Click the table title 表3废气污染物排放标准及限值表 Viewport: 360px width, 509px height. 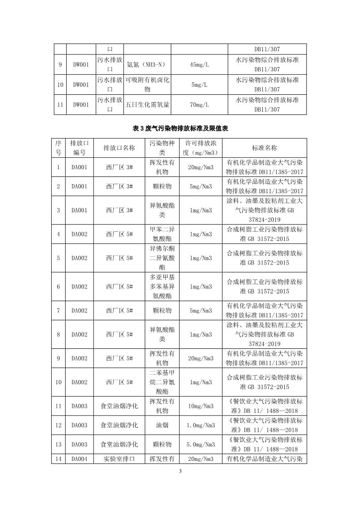[180, 129]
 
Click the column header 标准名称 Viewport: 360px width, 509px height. [264, 148]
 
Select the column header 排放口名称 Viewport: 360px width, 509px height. [119, 148]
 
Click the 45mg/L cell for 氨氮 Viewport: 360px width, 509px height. [199, 65]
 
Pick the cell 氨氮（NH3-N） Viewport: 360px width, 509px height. [148, 65]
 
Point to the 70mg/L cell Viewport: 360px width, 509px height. [199, 105]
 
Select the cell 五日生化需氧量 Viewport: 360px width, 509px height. [148, 105]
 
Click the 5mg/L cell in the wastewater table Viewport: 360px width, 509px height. [199, 85]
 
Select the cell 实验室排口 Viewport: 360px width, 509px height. [119, 459]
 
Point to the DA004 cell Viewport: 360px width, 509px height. [79, 459]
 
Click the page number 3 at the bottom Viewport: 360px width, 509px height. [180, 471]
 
